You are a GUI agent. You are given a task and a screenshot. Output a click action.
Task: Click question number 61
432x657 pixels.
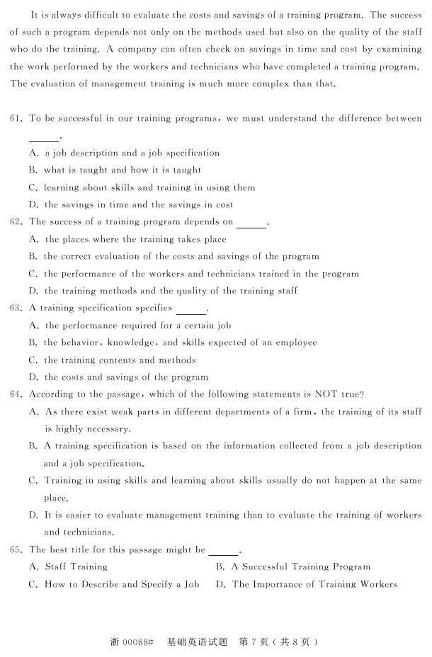coord(16,119)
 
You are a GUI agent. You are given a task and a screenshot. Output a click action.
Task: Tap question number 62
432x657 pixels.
coord(16,222)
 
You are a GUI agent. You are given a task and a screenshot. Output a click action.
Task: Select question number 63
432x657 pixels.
coord(16,308)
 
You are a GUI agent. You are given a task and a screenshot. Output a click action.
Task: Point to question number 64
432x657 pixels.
coord(16,394)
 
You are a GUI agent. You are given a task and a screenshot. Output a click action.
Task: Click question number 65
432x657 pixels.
coord(16,550)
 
